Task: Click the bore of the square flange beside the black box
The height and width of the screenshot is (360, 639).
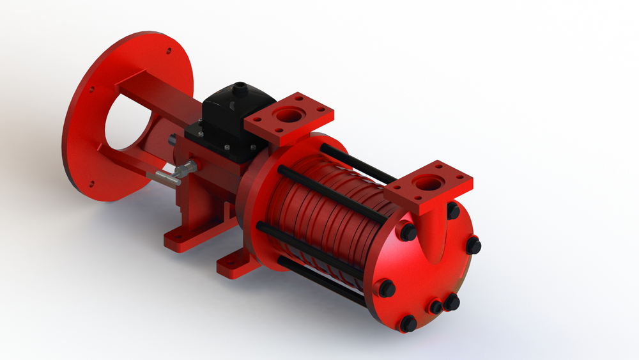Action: point(289,116)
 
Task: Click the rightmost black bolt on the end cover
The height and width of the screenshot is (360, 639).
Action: point(473,245)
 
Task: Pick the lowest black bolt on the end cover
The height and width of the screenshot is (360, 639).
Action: point(408,323)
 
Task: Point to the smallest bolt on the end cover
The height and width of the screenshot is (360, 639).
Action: point(436,307)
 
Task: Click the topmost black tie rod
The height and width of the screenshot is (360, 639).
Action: point(355,162)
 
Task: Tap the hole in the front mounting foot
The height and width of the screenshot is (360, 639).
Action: point(227,263)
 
